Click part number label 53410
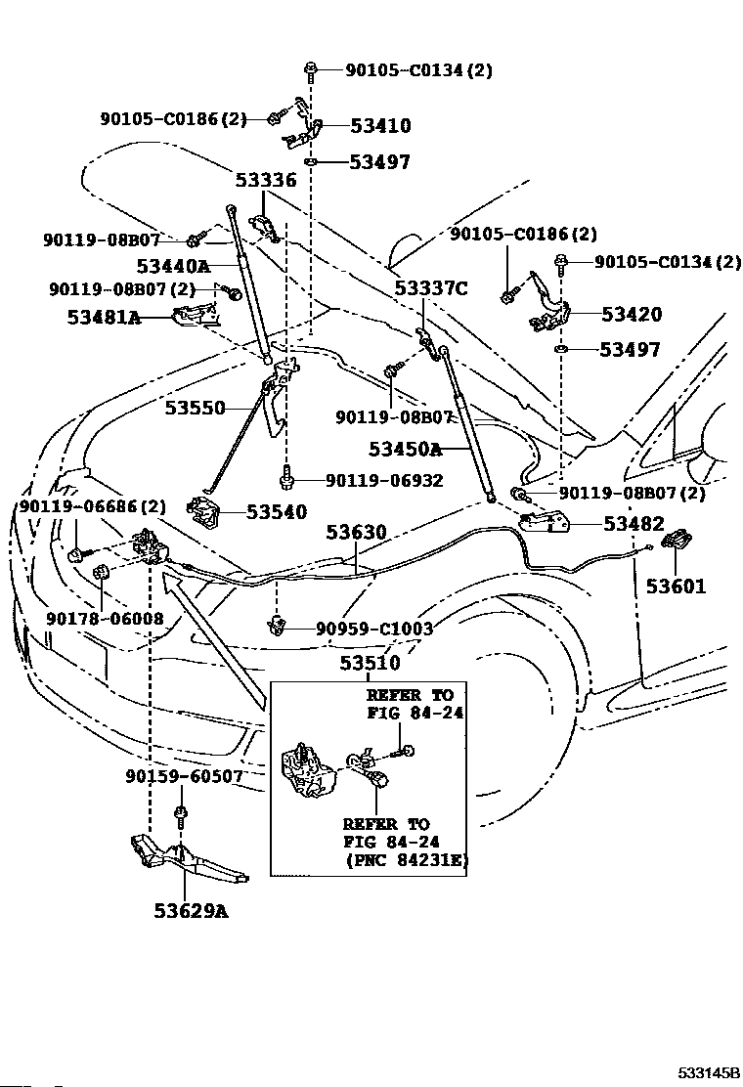click(x=380, y=125)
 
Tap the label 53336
click(x=266, y=180)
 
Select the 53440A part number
click(x=173, y=266)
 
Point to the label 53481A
click(x=104, y=318)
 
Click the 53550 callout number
click(x=195, y=408)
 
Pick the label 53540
click(x=277, y=511)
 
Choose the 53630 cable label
click(x=356, y=533)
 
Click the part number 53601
click(x=676, y=587)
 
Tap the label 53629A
click(x=191, y=910)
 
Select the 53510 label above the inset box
click(x=371, y=663)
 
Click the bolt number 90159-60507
click(x=185, y=776)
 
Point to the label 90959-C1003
click(x=374, y=629)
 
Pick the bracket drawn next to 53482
click(x=545, y=521)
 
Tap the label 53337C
click(x=431, y=287)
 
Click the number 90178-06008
click(x=106, y=618)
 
